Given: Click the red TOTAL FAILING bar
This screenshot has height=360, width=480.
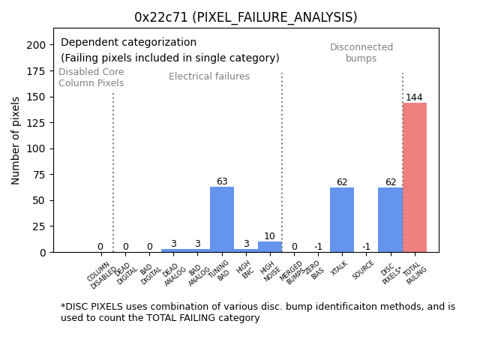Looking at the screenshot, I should coord(415,178).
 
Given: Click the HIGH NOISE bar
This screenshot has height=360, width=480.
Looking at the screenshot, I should coord(270,247).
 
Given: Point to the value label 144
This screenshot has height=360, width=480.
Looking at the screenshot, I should coord(414,97).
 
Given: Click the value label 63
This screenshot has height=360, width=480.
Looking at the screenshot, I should coord(222,181).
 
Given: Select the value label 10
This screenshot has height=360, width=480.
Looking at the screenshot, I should coord(269,236).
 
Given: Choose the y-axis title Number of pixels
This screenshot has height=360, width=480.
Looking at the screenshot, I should coord(16,140).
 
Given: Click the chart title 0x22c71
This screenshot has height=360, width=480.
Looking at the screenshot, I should coord(245,17).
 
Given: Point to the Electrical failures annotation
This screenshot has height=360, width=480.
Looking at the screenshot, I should coord(209,76).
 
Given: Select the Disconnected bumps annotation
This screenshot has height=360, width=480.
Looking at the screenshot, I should coord(361,52).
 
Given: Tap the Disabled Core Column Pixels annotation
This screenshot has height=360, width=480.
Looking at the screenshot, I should coord(91,77).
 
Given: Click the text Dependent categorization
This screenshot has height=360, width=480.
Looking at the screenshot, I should coord(128,43).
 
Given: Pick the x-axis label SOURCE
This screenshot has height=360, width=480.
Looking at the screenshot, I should coord(364,271).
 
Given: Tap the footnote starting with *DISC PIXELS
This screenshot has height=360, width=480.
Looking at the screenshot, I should coord(257,312).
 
